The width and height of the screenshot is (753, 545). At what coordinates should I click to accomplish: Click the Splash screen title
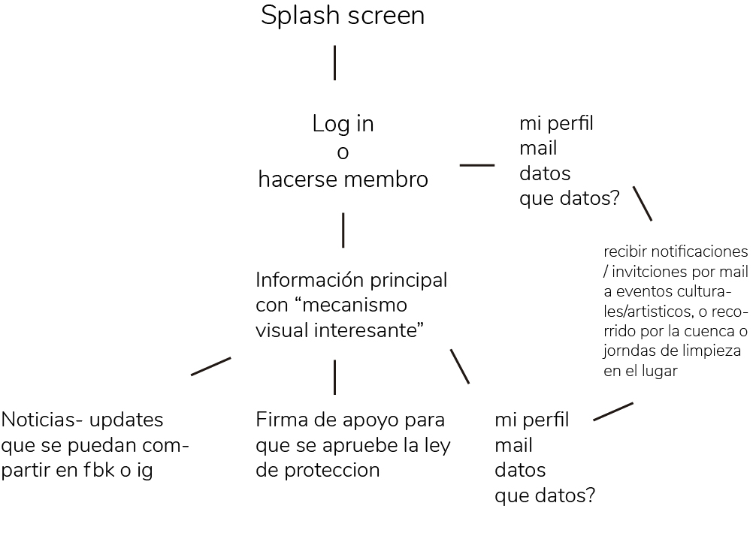coord(343,16)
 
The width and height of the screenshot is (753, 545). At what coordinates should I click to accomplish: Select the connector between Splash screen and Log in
coord(334,62)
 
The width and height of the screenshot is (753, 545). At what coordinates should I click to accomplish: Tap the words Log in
coord(343,124)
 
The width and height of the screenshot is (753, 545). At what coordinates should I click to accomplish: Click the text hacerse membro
coord(343,180)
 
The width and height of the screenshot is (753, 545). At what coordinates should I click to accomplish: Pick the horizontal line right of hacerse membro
coord(476,164)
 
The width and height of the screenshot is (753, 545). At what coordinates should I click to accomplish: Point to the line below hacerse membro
coord(343,230)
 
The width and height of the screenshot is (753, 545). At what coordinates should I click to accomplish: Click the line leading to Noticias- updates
coord(210,366)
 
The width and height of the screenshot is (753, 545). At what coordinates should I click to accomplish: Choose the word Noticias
coord(38,420)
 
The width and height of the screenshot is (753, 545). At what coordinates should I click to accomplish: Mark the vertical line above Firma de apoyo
coord(334,377)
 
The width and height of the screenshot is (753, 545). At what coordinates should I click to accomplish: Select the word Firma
coord(280,420)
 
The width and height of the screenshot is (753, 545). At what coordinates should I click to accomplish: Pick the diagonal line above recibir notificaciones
coord(642,203)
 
